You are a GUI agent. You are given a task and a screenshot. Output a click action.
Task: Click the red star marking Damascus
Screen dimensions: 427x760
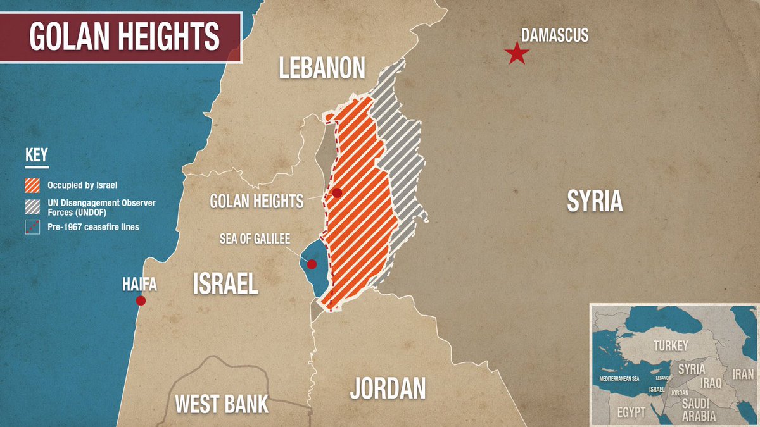(x=517, y=54)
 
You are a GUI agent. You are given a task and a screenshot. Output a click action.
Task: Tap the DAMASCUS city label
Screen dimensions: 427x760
(x=555, y=35)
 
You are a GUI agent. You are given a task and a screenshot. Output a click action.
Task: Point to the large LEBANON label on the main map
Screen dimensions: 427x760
(x=323, y=68)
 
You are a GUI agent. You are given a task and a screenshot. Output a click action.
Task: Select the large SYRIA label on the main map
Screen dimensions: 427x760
(x=595, y=201)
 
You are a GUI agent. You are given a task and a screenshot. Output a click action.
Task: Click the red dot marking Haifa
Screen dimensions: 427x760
(x=141, y=300)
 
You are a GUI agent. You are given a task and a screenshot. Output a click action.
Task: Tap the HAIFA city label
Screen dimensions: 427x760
(x=139, y=285)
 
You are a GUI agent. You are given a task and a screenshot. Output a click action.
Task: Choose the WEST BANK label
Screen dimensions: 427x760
(x=222, y=403)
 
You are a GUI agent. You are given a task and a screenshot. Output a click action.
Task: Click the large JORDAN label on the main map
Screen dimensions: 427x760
(x=388, y=388)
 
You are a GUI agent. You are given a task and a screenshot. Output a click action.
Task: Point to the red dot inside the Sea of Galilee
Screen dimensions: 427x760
(x=312, y=264)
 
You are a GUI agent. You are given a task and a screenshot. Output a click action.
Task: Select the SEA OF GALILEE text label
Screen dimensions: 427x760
(x=255, y=238)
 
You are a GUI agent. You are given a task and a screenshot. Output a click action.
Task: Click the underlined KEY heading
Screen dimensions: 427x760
(x=37, y=156)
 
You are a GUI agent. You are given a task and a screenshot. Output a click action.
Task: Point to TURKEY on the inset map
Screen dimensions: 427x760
(x=671, y=345)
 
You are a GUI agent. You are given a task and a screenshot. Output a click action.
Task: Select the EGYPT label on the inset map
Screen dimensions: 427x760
(x=631, y=412)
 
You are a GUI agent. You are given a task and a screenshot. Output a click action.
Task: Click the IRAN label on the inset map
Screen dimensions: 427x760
(x=743, y=374)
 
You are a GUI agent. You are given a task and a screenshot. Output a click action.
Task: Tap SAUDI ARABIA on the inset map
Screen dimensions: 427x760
(x=699, y=411)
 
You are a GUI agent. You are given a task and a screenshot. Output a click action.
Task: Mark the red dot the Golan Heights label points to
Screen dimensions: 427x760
(x=337, y=193)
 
